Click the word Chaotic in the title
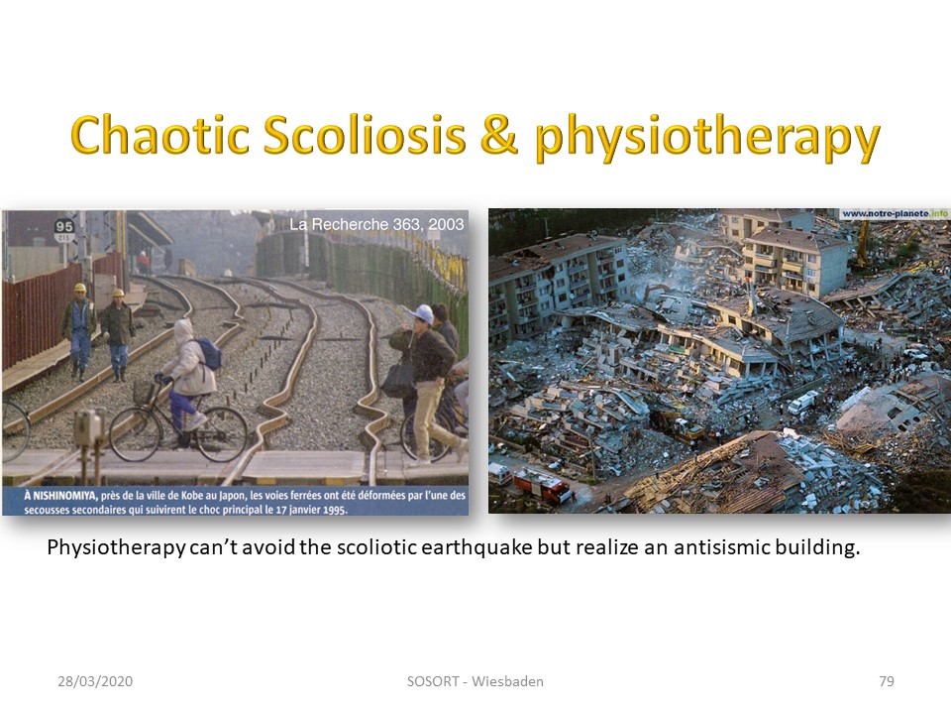coord(160,134)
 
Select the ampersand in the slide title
coord(499,134)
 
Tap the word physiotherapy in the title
coord(707,139)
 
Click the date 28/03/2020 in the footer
coord(95,681)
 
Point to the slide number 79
coord(886,681)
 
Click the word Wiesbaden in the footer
coord(507,681)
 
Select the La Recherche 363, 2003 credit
coord(376,224)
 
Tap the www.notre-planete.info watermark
coord(895,214)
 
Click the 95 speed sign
coord(63,226)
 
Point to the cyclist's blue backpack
coord(207,354)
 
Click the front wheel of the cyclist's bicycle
coord(136,433)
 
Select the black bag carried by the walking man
coord(398,380)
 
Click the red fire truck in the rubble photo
coord(542,487)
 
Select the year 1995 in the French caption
coord(334,510)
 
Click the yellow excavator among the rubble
coord(685,428)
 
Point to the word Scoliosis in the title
coord(365,134)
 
